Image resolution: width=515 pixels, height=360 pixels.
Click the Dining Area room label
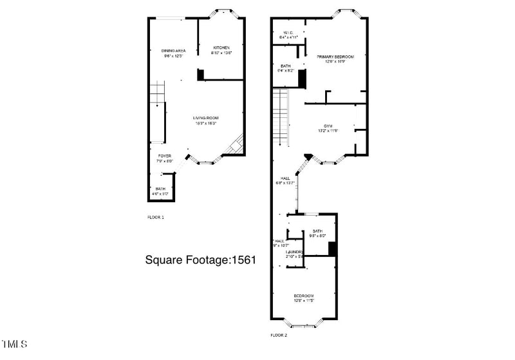click(x=174, y=50)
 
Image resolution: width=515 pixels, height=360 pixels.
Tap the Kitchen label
click(x=221, y=48)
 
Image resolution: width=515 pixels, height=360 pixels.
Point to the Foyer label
click(x=165, y=156)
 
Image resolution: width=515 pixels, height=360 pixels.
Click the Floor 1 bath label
click(x=160, y=189)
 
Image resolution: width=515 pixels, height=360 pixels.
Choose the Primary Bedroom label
click(x=335, y=57)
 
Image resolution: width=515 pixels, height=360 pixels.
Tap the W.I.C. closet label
click(x=286, y=33)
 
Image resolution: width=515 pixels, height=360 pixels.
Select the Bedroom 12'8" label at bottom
click(x=303, y=296)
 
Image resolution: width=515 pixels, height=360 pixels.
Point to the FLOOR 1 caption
click(x=156, y=218)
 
